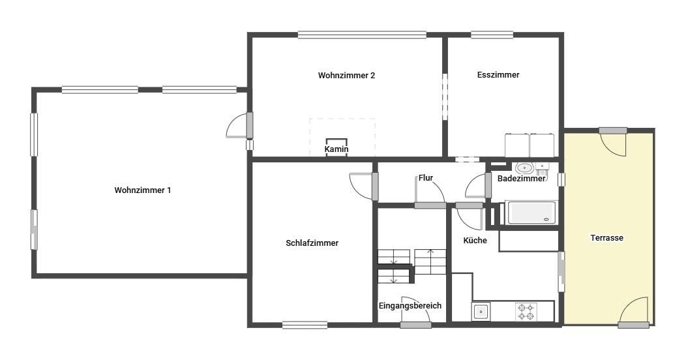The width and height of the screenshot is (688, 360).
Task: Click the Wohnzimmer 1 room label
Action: click(x=143, y=190)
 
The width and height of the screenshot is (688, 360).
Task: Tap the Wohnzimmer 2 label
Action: click(x=346, y=75)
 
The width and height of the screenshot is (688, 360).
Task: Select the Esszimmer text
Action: click(x=498, y=74)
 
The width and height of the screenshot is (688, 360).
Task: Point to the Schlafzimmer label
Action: click(x=312, y=243)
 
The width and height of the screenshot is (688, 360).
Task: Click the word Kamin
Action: click(x=337, y=149)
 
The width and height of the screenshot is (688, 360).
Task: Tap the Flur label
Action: click(x=426, y=178)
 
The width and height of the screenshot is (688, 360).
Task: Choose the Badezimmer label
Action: click(x=521, y=178)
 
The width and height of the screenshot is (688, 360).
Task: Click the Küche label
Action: click(x=475, y=240)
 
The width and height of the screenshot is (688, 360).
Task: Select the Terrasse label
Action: click(x=607, y=237)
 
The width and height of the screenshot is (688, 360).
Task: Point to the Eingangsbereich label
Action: click(x=410, y=306)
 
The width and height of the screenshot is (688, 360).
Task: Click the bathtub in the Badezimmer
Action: click(x=531, y=213)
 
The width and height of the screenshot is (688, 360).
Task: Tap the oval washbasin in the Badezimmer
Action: click(x=524, y=168)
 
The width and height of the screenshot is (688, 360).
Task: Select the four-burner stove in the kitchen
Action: click(x=526, y=312)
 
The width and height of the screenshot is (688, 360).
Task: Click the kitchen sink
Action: click(x=481, y=312)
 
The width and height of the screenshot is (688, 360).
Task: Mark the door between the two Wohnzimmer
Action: click(x=240, y=126)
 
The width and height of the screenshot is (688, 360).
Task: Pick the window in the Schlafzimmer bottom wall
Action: click(x=305, y=325)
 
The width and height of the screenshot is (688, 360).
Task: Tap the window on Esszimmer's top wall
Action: click(x=492, y=35)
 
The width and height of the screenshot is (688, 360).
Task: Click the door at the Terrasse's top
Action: click(x=613, y=142)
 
